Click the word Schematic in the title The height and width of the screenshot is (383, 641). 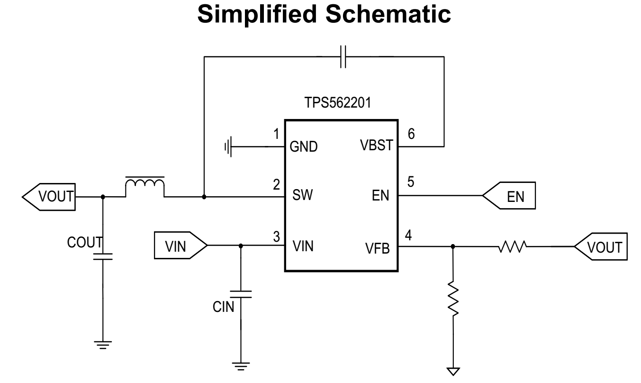point(388,14)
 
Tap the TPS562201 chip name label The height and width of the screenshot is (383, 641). point(338,102)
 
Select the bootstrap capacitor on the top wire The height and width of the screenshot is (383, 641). point(343,57)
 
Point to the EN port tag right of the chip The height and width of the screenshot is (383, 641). point(509,195)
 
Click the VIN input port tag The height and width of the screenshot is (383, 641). point(181,246)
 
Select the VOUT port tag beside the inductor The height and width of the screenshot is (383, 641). point(49,197)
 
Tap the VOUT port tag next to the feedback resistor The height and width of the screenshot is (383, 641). point(601,246)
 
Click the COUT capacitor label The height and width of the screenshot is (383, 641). point(85,242)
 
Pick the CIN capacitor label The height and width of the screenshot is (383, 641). point(223,307)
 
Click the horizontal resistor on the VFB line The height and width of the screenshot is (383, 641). point(512,246)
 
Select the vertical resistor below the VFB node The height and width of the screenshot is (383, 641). point(453,299)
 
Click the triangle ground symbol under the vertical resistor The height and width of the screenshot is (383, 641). point(453,371)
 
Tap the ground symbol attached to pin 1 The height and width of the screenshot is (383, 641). point(228,146)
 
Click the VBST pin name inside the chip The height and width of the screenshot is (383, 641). point(377,145)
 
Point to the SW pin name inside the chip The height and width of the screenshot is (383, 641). point(302,195)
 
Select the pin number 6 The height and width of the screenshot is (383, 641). point(411,134)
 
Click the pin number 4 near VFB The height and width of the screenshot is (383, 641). point(408,235)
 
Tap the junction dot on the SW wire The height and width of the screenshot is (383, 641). point(204,197)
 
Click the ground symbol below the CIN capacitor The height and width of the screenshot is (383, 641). point(241,366)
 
